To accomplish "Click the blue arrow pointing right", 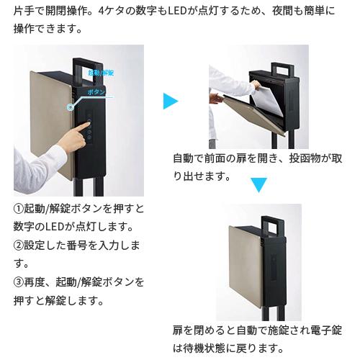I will tap(170, 102).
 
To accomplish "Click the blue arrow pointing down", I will tap(258, 185).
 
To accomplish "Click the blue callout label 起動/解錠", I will tap(100, 73).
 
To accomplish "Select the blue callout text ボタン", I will tap(96, 93).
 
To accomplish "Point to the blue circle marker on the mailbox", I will tap(69, 107).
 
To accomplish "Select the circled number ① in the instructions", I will tap(19, 209).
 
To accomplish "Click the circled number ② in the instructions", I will tap(19, 245).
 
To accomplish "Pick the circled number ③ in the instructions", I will tap(19, 281).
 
